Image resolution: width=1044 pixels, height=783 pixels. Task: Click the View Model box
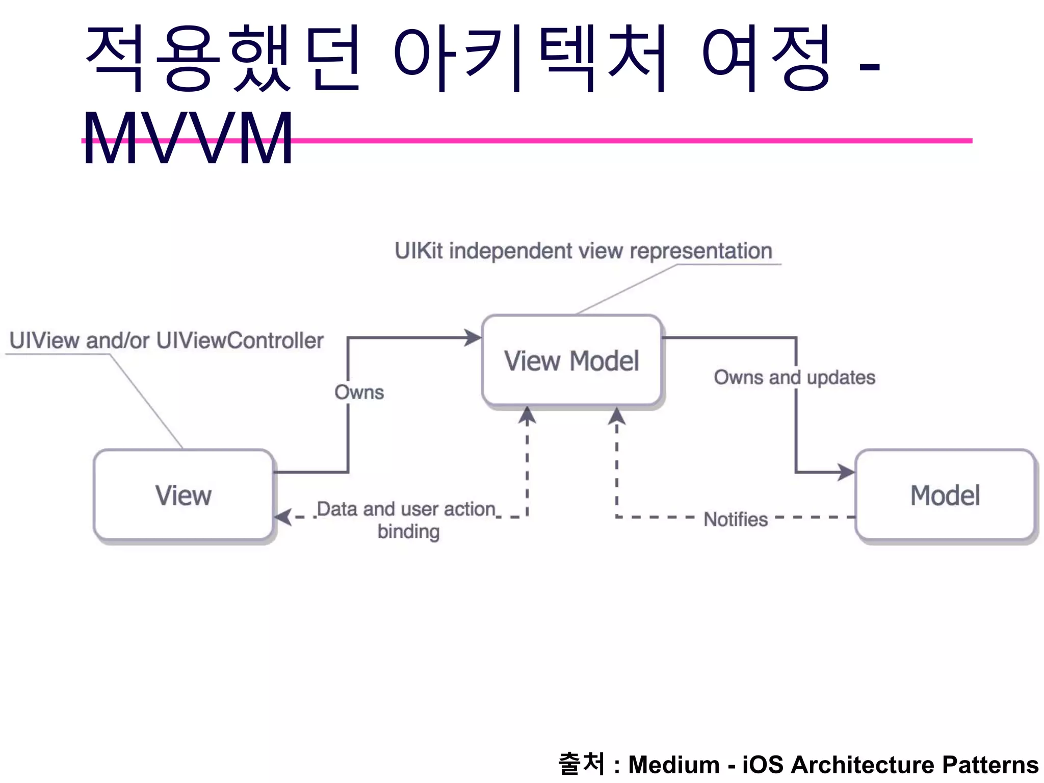coord(571,361)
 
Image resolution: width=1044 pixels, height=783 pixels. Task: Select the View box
coord(184,495)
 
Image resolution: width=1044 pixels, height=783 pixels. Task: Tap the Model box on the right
coord(945,495)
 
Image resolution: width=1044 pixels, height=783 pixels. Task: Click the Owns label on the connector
coord(359,393)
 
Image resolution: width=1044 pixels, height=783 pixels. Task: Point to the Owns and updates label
coord(794,378)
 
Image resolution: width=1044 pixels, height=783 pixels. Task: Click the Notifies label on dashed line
coord(736,519)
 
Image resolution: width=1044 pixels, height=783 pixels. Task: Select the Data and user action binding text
coord(407,519)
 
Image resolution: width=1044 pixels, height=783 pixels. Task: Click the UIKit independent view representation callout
coord(583,251)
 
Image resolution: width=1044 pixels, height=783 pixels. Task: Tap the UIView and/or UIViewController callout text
coord(166,341)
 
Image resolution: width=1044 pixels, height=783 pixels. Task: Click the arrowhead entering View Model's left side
coord(474,337)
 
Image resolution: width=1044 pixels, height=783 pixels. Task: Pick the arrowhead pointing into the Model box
coord(847,472)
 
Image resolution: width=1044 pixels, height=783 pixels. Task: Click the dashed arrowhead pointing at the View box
coord(283,517)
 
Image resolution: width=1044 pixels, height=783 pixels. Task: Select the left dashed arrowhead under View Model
coord(527,415)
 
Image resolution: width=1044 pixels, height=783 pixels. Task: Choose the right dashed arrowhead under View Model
coord(617,415)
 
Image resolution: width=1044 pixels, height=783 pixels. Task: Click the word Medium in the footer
coord(673,765)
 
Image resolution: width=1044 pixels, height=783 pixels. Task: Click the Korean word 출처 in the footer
coord(581,764)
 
